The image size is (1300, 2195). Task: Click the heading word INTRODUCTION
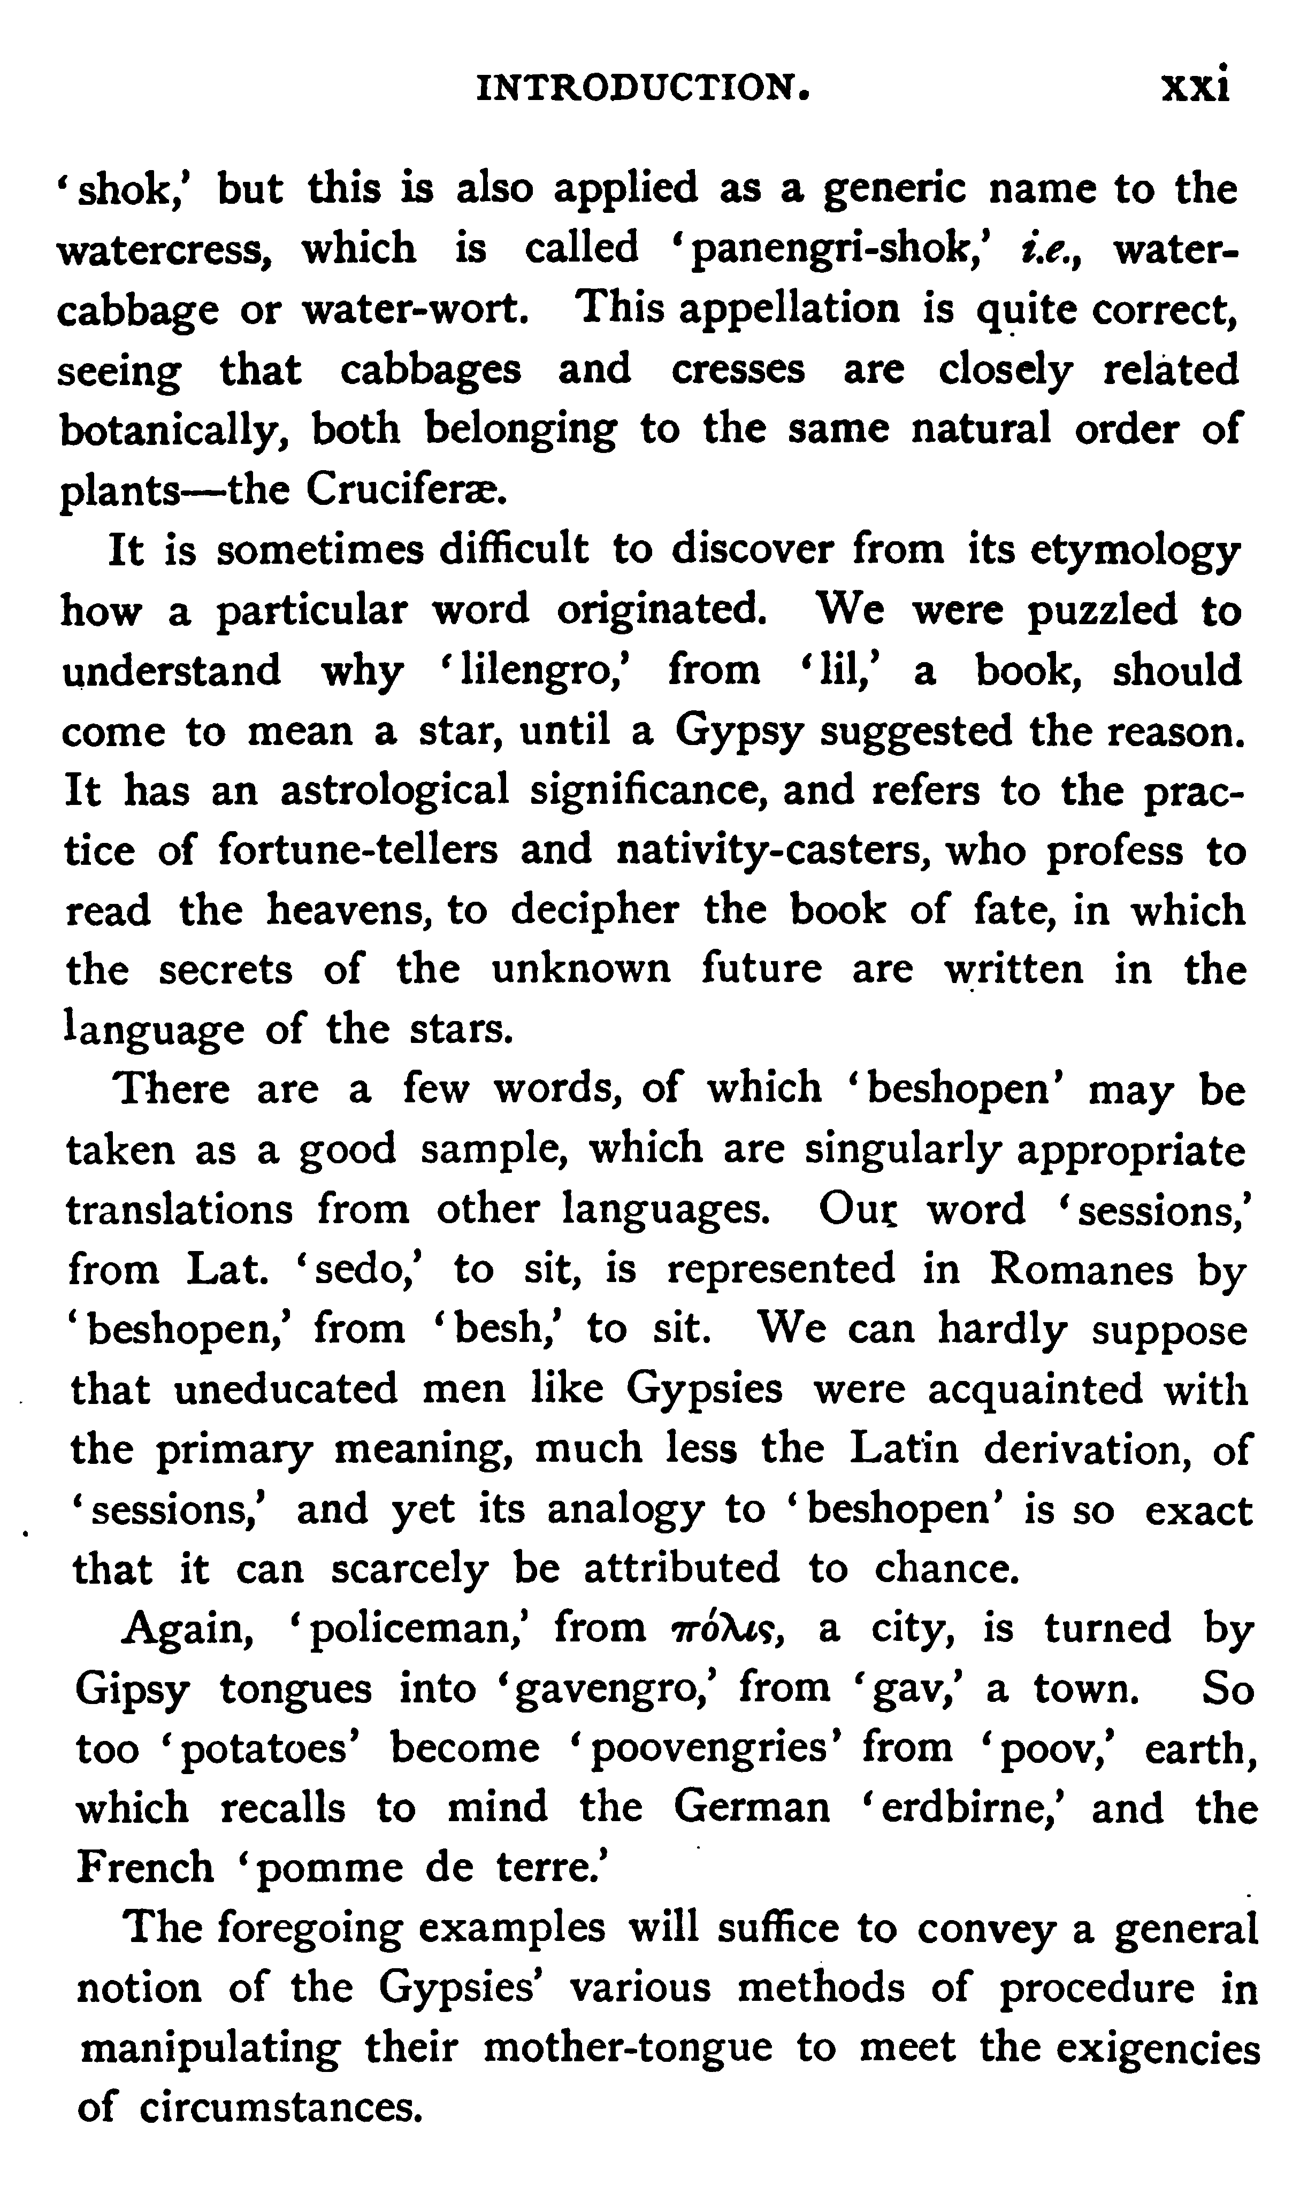pos(642,88)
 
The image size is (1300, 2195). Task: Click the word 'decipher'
pos(595,910)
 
